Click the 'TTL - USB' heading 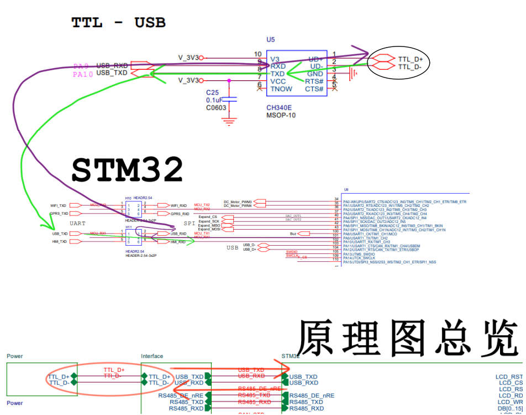pyautogui.click(x=118, y=23)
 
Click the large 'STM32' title pyautogui.click(x=127, y=170)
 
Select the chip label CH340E pyautogui.click(x=280, y=108)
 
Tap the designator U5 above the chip pyautogui.click(x=270, y=40)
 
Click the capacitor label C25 pyautogui.click(x=213, y=92)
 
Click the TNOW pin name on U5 pyautogui.click(x=281, y=89)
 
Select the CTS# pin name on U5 pyautogui.click(x=314, y=89)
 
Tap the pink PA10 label pyautogui.click(x=83, y=74)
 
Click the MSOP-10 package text pyautogui.click(x=281, y=116)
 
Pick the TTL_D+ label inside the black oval pyautogui.click(x=410, y=59)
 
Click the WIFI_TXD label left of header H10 pyautogui.click(x=58, y=206)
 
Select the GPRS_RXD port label pyautogui.click(x=180, y=214)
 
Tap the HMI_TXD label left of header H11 pyautogui.click(x=59, y=242)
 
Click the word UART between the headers pyautogui.click(x=77, y=222)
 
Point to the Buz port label pyautogui.click(x=293, y=234)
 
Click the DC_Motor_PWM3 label pyautogui.click(x=238, y=201)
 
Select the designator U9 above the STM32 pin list pyautogui.click(x=346, y=189)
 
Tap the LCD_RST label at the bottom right pyautogui.click(x=508, y=377)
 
